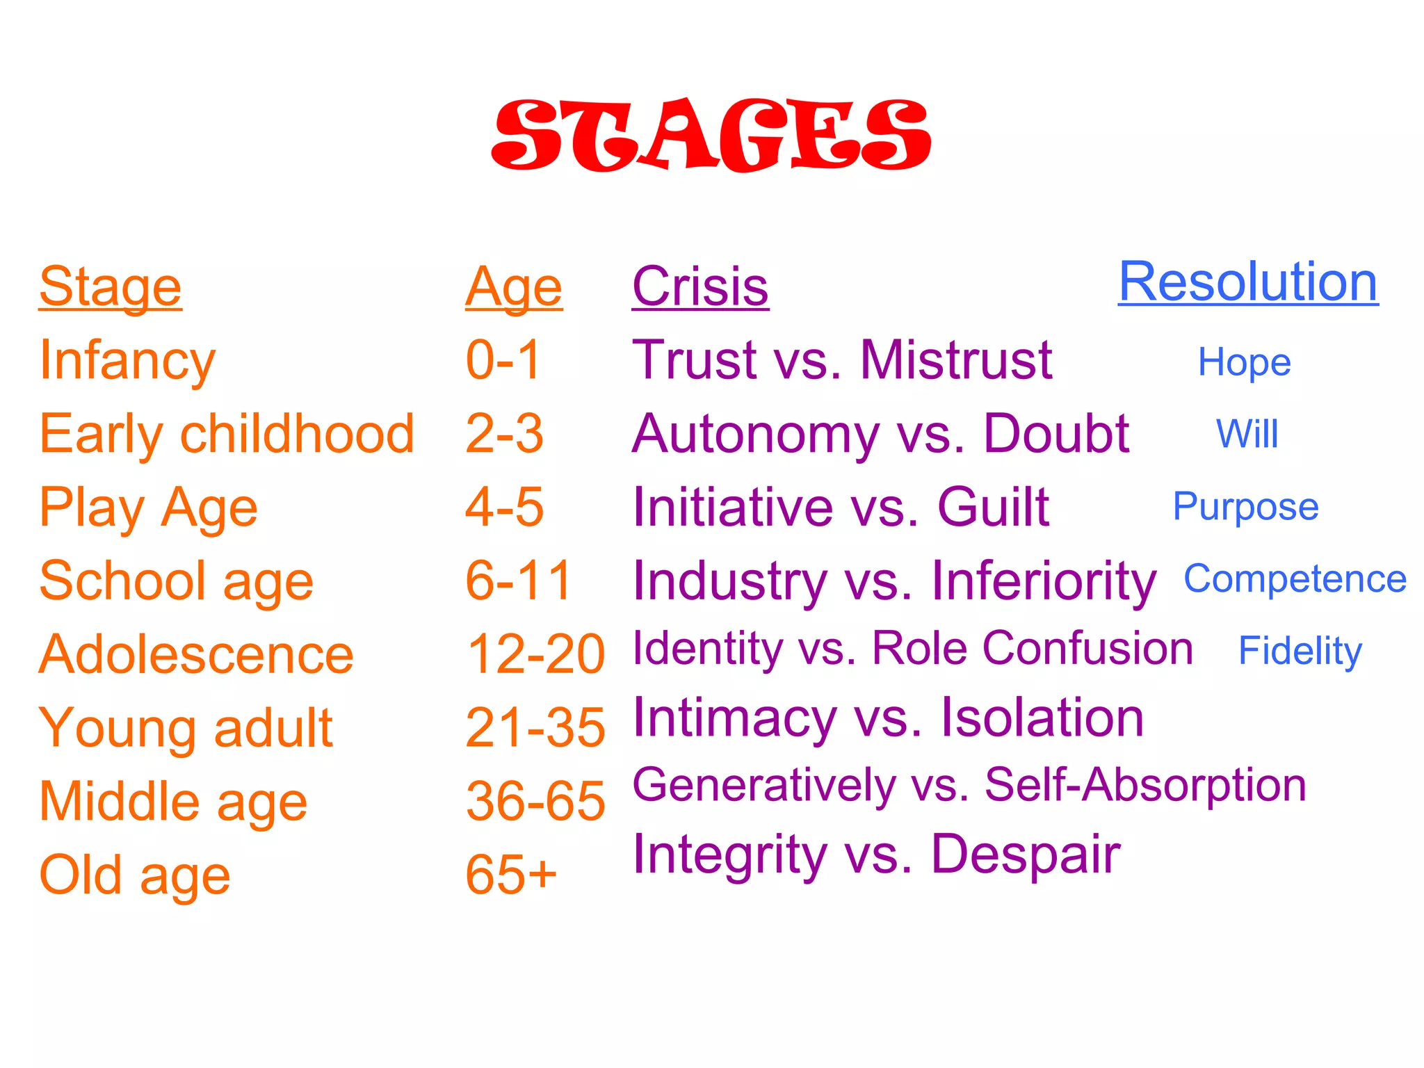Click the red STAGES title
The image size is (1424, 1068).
(x=711, y=135)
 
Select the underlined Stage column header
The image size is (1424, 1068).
(x=111, y=286)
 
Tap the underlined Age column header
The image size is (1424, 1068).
(x=514, y=286)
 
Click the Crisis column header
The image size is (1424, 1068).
(x=700, y=286)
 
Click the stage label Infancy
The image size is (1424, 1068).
(x=127, y=360)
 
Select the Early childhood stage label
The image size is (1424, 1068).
(x=227, y=434)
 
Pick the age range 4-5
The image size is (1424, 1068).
(x=504, y=507)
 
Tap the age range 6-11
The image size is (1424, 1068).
(x=518, y=581)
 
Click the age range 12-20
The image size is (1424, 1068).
(x=535, y=654)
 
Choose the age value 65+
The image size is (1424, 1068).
(x=511, y=875)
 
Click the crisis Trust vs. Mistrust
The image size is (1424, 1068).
(x=842, y=360)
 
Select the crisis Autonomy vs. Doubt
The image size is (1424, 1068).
(x=880, y=434)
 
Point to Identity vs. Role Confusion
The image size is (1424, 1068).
(x=912, y=649)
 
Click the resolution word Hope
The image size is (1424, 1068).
(x=1244, y=362)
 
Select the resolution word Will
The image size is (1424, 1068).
(x=1247, y=435)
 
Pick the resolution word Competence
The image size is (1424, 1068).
(x=1295, y=578)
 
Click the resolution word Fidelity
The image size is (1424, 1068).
(x=1300, y=651)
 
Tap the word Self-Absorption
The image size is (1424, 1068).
(x=1145, y=785)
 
